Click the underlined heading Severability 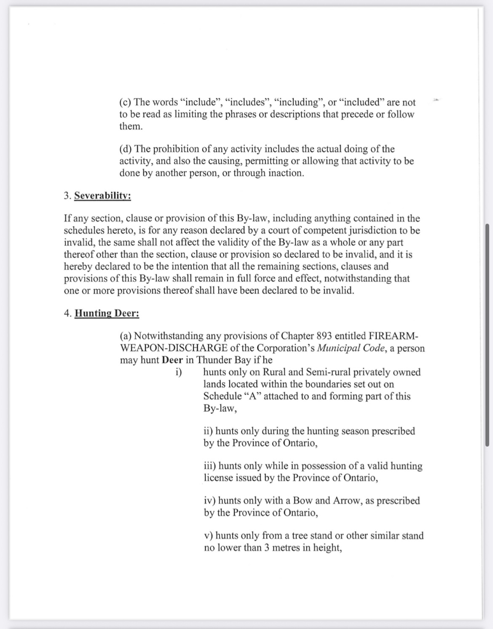(102, 196)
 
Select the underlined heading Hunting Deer (107, 314)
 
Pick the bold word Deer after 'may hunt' (172, 360)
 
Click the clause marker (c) (125, 103)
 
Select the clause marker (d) (126, 149)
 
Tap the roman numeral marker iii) (210, 466)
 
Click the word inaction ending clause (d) (284, 173)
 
